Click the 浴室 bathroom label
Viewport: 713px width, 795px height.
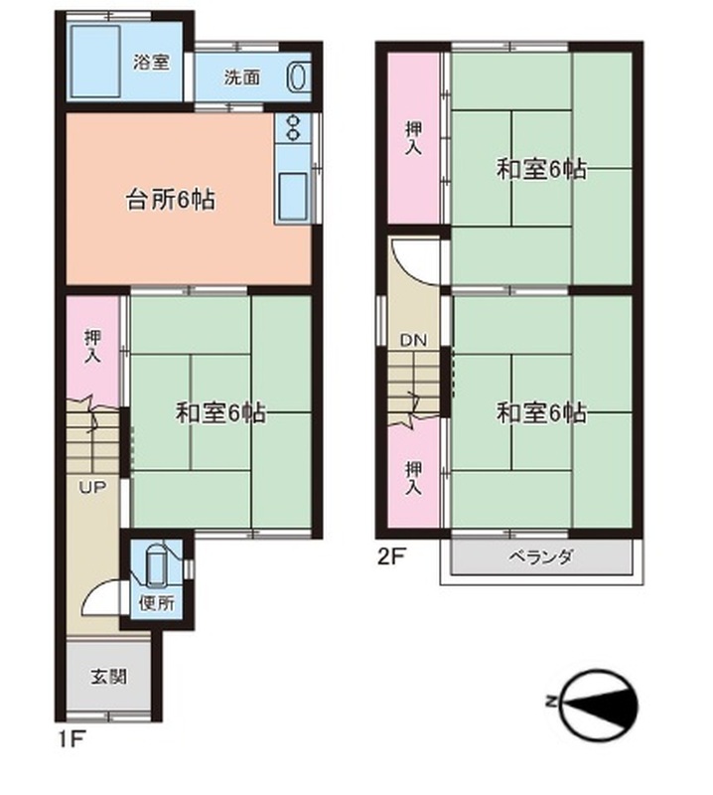click(x=152, y=63)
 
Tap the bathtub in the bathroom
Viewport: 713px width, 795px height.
click(x=95, y=61)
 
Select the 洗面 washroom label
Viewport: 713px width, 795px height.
click(x=242, y=78)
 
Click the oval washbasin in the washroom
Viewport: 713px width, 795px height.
click(x=298, y=77)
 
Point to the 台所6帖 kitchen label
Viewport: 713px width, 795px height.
click(x=170, y=200)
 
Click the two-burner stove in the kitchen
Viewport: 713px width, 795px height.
click(x=293, y=127)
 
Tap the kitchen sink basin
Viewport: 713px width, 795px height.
click(x=293, y=196)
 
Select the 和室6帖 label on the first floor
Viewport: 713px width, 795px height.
click(x=220, y=412)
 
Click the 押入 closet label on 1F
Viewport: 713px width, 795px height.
click(x=92, y=346)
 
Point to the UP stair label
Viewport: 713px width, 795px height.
click(x=91, y=488)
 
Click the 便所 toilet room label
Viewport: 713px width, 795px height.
click(x=157, y=603)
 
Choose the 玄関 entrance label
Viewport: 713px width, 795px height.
click(x=108, y=677)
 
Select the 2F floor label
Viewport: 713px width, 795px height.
click(x=391, y=556)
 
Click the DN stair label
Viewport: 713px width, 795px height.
click(x=413, y=340)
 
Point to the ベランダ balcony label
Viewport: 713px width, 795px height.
click(x=540, y=556)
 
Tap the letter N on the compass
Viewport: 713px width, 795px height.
click(x=550, y=703)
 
